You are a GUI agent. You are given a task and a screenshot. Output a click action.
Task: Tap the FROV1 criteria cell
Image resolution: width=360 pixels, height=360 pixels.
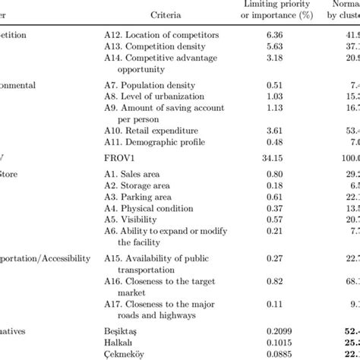121,157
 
